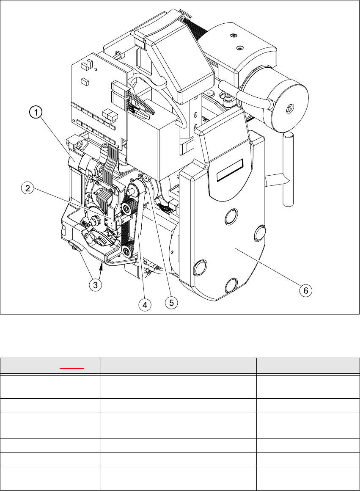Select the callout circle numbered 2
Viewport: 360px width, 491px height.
(x=27, y=189)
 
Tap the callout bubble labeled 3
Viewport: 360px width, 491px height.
(x=96, y=284)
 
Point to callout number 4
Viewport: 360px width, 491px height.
(x=145, y=304)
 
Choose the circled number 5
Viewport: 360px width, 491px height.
(x=171, y=303)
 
